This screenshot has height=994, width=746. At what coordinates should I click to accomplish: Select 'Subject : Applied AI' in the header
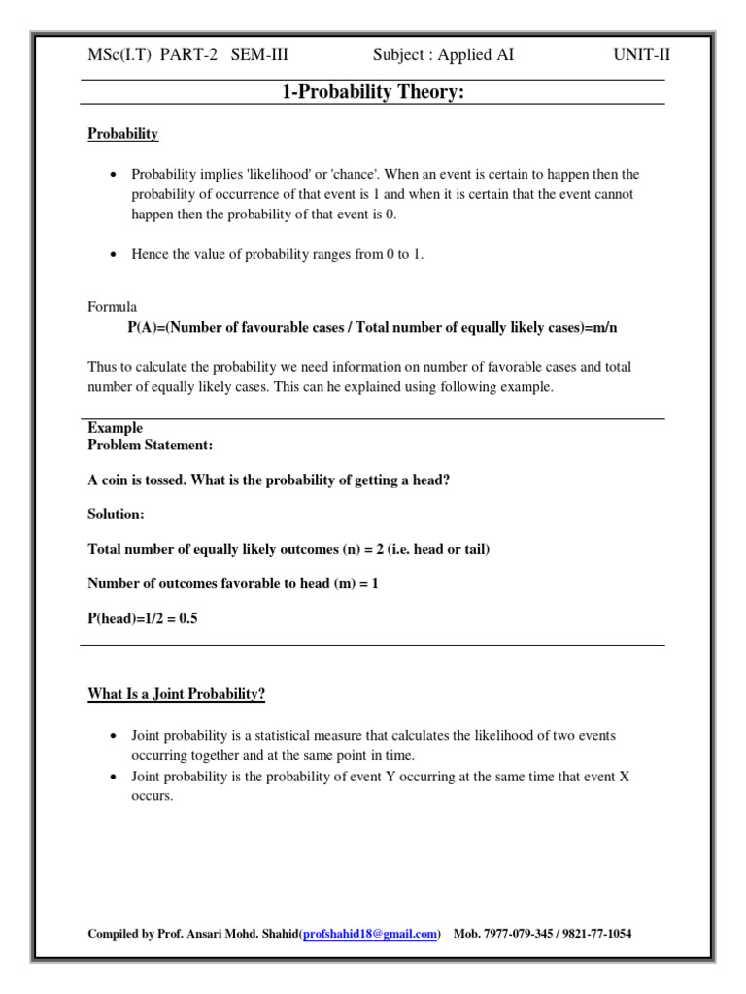[443, 55]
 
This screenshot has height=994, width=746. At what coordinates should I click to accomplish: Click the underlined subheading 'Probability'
[123, 134]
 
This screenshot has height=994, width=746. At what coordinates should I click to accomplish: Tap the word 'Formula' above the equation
[113, 307]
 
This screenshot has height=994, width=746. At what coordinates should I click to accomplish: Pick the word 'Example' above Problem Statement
[116, 428]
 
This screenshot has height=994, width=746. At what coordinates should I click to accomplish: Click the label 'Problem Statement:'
[151, 445]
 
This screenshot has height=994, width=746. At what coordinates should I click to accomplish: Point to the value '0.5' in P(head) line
[187, 618]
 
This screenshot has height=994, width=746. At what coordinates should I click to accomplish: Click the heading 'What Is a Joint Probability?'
[177, 694]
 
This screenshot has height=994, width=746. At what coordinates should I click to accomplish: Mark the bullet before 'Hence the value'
[114, 255]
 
